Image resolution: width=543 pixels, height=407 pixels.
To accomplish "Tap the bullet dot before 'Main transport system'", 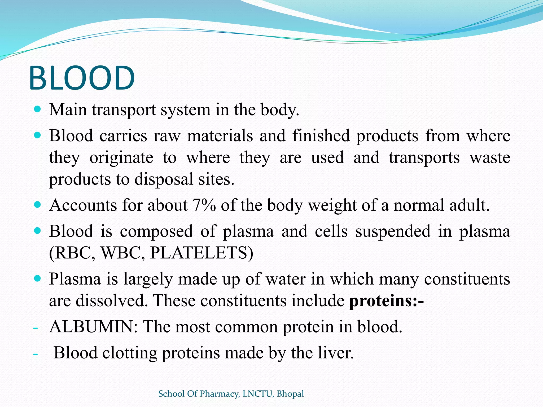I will tap(38, 109).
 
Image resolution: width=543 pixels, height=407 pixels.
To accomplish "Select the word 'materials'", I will tap(220, 136).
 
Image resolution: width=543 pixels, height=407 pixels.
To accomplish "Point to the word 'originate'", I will tap(121, 158).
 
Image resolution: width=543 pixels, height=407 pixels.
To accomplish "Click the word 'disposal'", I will tap(164, 179).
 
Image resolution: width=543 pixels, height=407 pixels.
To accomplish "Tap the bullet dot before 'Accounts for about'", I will tap(38, 205).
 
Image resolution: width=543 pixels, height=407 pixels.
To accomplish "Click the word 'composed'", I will tap(156, 231).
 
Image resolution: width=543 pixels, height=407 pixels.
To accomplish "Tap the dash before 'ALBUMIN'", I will tap(35, 328).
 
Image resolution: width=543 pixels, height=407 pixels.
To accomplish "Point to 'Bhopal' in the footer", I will tap(290, 394).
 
